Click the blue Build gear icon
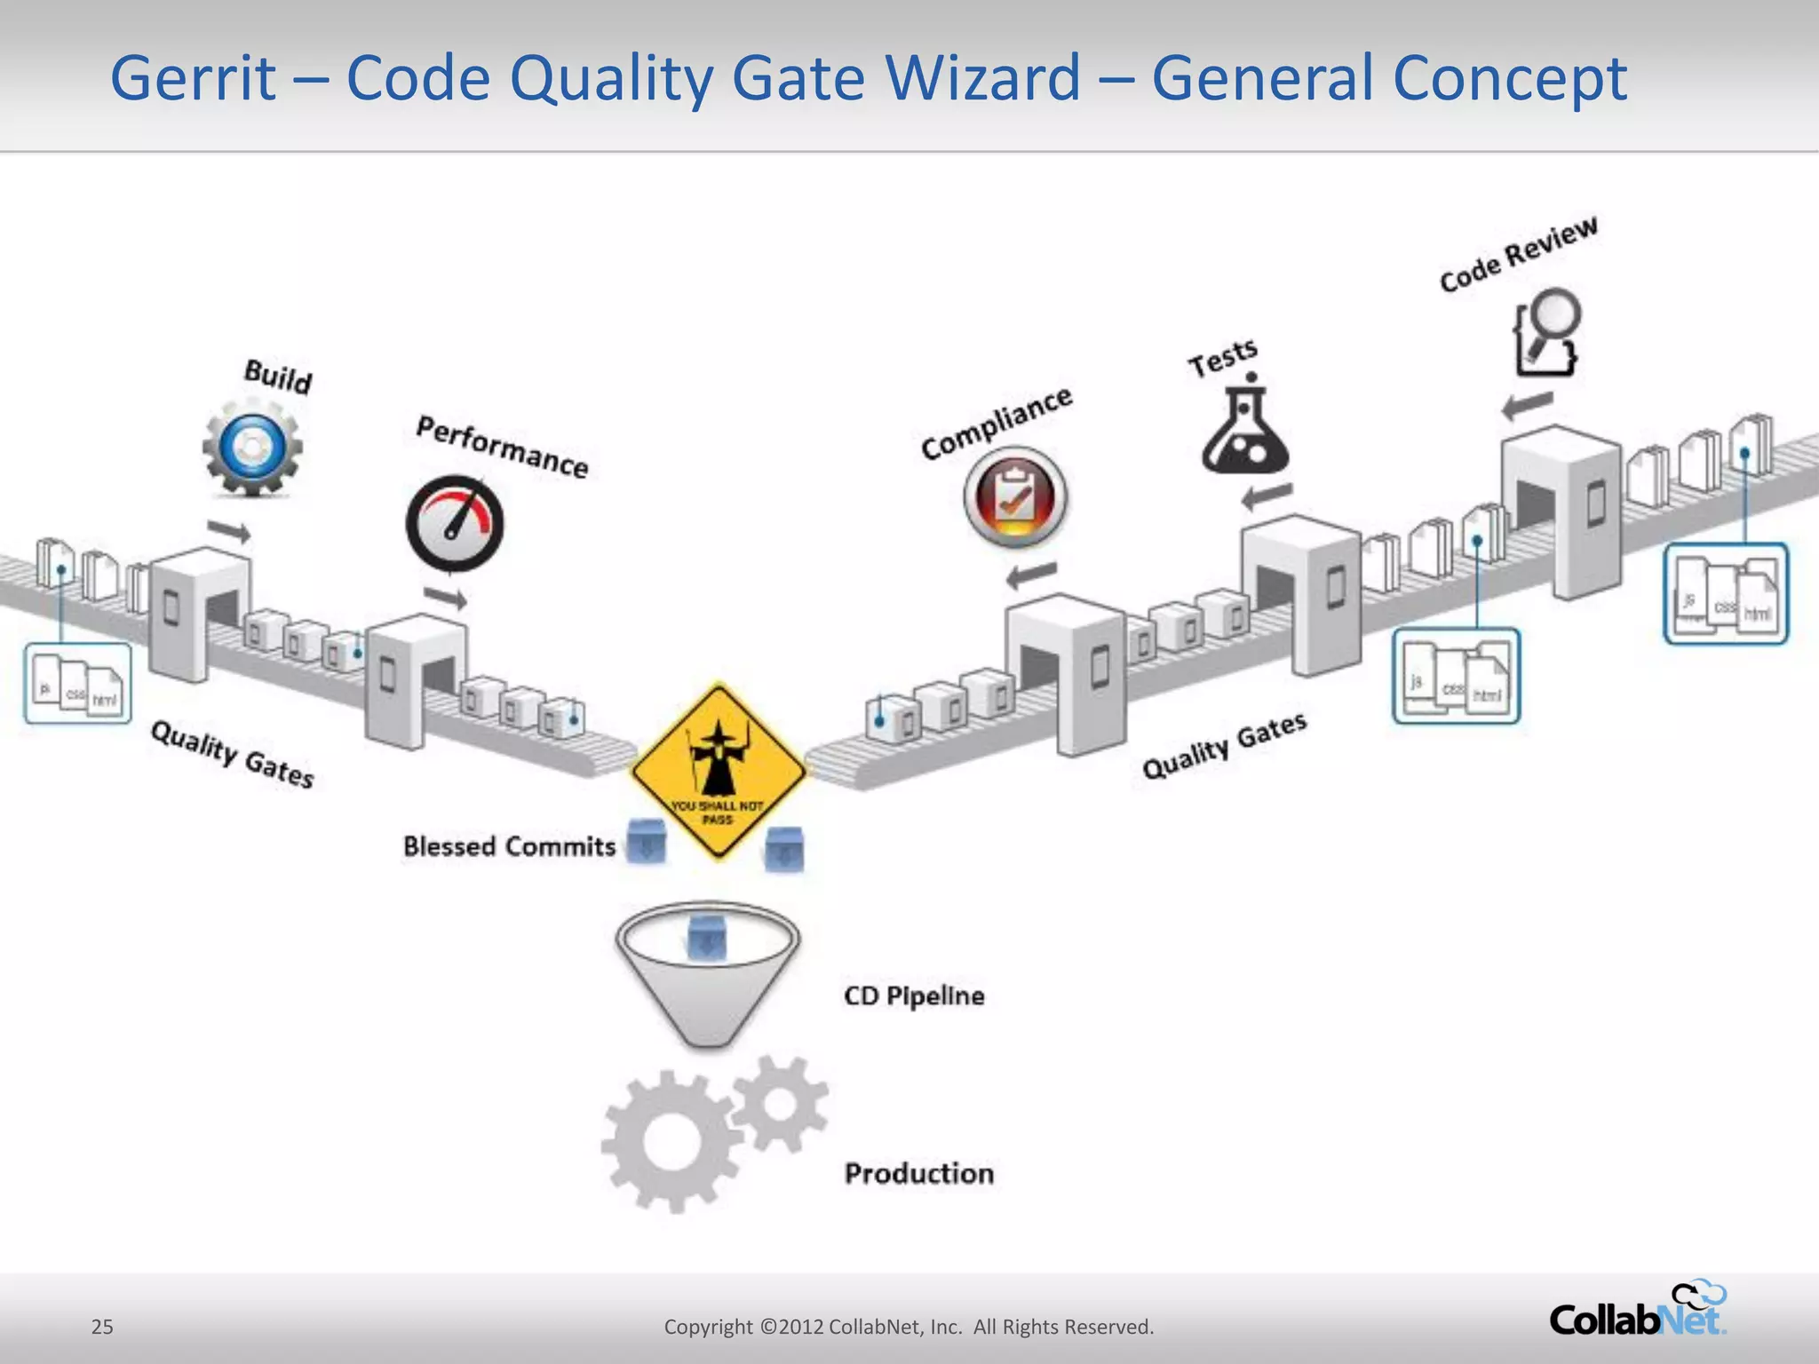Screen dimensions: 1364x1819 tap(252, 447)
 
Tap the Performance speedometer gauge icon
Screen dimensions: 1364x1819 tap(455, 524)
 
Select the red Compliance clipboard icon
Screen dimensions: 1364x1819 tap(1015, 498)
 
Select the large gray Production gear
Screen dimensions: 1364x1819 tap(671, 1142)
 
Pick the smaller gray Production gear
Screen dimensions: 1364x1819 tap(780, 1104)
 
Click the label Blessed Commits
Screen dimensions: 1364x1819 tap(509, 846)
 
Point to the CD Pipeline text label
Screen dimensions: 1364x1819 tap(914, 996)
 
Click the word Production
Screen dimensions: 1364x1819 tap(919, 1174)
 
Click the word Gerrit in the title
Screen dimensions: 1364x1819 tap(193, 78)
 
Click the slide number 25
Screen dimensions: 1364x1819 tap(102, 1327)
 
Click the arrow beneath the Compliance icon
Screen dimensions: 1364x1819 tap(1032, 575)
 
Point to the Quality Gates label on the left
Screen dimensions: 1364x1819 tap(232, 755)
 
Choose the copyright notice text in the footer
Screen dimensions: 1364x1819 tap(909, 1327)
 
